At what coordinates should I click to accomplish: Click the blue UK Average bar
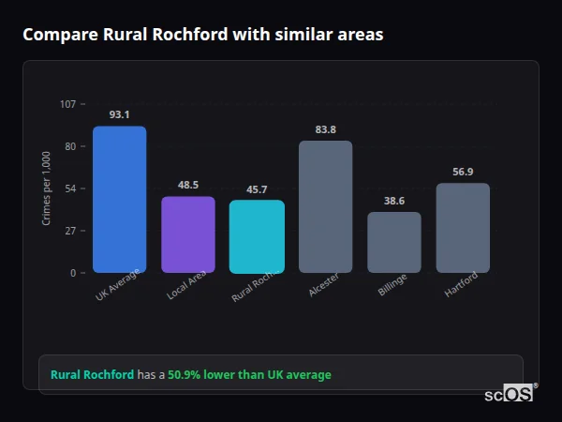point(119,200)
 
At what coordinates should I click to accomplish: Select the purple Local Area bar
point(188,234)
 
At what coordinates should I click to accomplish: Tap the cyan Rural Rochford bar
point(257,236)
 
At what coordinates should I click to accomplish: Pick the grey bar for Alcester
point(326,207)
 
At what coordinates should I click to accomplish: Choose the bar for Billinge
point(394,242)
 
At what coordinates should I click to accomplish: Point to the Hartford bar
point(463,228)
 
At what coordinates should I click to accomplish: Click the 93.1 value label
point(119,114)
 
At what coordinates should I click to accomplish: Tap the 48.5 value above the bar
point(188,185)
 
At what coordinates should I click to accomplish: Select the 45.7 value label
point(257,188)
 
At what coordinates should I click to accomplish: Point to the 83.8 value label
point(326,129)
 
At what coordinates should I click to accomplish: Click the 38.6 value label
point(394,201)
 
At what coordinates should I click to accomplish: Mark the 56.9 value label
point(463,172)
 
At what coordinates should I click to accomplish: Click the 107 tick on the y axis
point(67,104)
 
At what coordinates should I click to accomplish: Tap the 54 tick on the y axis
point(70,188)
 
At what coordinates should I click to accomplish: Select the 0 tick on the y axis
point(73,273)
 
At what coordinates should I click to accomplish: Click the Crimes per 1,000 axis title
point(47,188)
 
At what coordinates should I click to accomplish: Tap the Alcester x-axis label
point(323,285)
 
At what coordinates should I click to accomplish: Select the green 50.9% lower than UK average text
point(249,375)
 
